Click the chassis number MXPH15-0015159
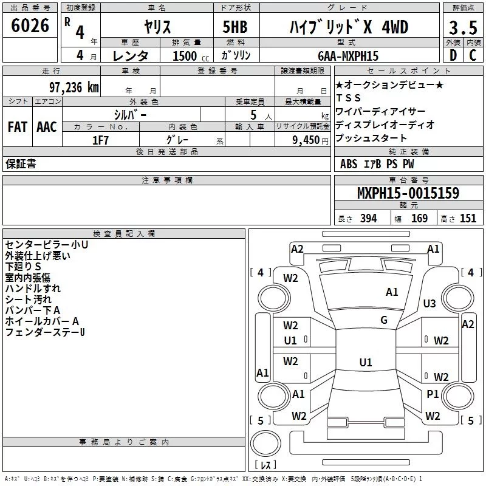pos(408,193)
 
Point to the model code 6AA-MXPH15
pos(348,56)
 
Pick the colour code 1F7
pos(101,140)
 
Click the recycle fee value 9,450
pos(303,140)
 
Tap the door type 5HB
pos(234,28)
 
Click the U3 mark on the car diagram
pos(430,303)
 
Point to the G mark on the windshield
pos(383,320)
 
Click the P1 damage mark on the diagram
pos(433,394)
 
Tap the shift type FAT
pos(17,127)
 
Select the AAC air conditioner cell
pos(47,127)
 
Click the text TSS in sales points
pos(349,98)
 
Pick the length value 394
pos(368,219)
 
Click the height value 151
pos(468,219)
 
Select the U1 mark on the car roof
pos(365,363)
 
